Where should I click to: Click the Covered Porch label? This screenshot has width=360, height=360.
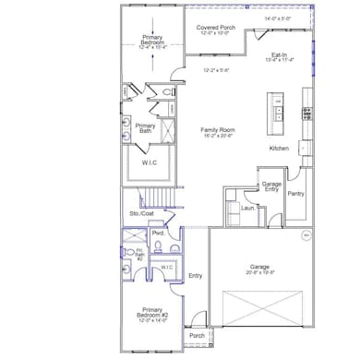215,28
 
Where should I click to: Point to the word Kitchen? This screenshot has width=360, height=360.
280,149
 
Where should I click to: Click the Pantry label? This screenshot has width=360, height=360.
295,194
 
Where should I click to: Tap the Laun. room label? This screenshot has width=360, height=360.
246,208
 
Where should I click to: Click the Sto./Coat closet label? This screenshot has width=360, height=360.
141,214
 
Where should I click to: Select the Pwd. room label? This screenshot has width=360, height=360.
158,234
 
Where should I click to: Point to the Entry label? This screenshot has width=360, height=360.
195,275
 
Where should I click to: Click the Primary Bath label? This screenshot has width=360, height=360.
145,127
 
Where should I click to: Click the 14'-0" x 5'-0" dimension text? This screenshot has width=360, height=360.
277,18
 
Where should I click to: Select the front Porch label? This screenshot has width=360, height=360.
197,335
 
